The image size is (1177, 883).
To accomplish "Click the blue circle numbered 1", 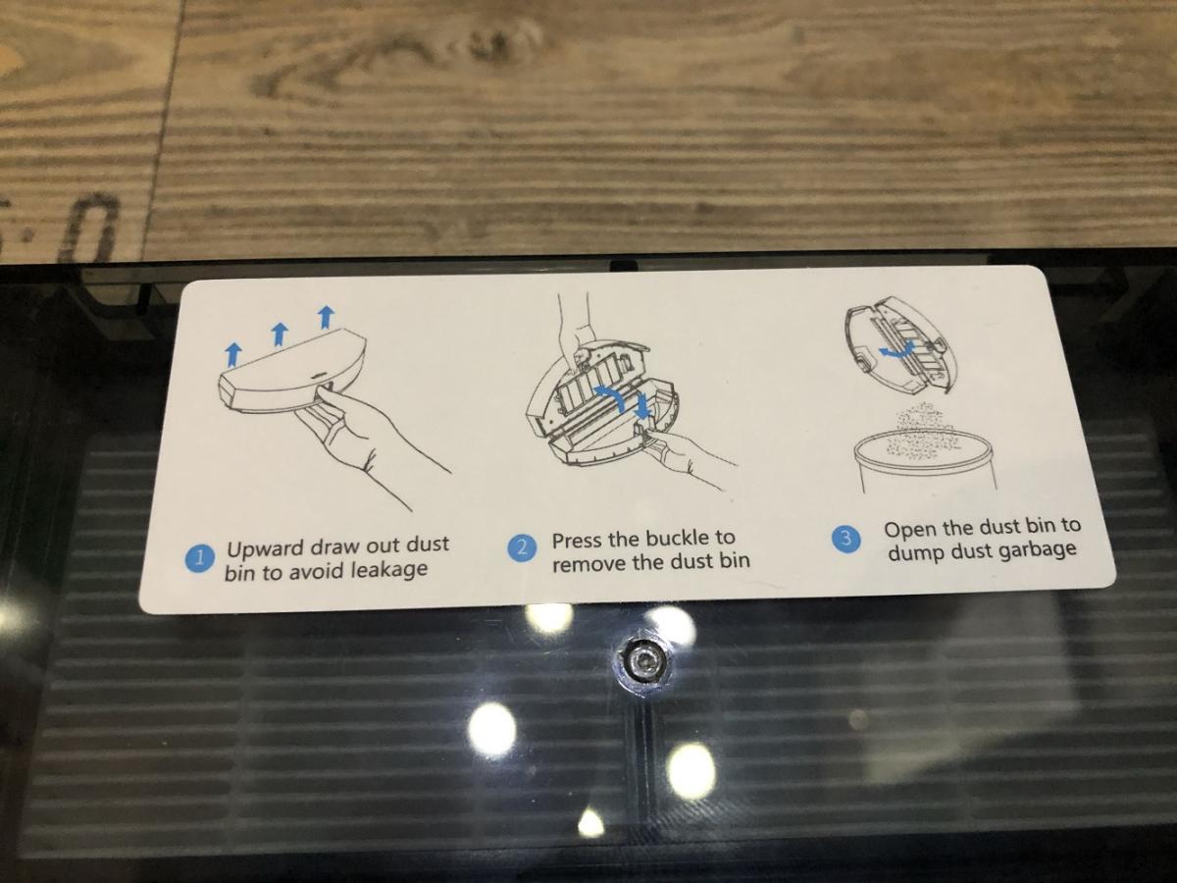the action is click(x=199, y=559).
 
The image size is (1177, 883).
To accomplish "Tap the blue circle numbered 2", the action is click(x=521, y=547).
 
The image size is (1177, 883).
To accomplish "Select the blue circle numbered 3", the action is click(x=846, y=539).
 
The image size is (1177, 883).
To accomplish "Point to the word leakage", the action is click(x=388, y=569).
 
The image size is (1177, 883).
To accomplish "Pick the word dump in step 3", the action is click(x=913, y=553).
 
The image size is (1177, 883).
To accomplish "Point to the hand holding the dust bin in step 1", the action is click(x=370, y=437).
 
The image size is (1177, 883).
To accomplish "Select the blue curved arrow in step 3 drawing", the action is click(x=895, y=350).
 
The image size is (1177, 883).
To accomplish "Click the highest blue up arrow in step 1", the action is click(x=326, y=317).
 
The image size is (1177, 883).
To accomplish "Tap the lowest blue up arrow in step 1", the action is click(x=232, y=355).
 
